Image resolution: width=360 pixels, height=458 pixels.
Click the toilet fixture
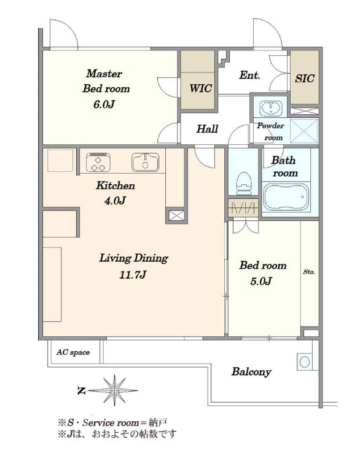coord(243,183)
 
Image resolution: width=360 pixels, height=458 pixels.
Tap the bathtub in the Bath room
coord(286,197)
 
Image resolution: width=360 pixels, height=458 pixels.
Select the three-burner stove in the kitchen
coord(98,163)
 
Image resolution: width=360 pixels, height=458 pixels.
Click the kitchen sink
coord(145,163)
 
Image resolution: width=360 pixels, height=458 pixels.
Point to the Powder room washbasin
coord(271,108)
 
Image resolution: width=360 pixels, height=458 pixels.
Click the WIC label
coord(200,88)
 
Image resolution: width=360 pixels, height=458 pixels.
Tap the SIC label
coord(305,79)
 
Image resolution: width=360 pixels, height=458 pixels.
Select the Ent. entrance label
coord(249,75)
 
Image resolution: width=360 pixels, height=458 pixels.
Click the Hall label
coord(207,128)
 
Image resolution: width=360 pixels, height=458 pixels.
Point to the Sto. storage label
coord(309,272)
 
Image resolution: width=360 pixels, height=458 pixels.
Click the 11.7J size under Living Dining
coord(133,274)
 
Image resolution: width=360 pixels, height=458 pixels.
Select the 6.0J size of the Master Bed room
coord(104,104)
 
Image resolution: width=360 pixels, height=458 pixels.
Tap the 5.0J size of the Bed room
coord(261,281)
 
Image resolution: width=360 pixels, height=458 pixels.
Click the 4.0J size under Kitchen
coord(115,201)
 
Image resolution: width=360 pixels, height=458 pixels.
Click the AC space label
coord(73,352)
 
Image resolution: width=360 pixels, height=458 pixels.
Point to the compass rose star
coord(114,390)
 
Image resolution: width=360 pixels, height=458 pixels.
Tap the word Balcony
coord(251,372)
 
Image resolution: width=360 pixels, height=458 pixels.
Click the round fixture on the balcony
coord(305,362)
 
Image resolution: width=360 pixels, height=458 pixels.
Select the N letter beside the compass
coord(82,390)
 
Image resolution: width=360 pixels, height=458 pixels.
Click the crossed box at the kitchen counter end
coord(177,216)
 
